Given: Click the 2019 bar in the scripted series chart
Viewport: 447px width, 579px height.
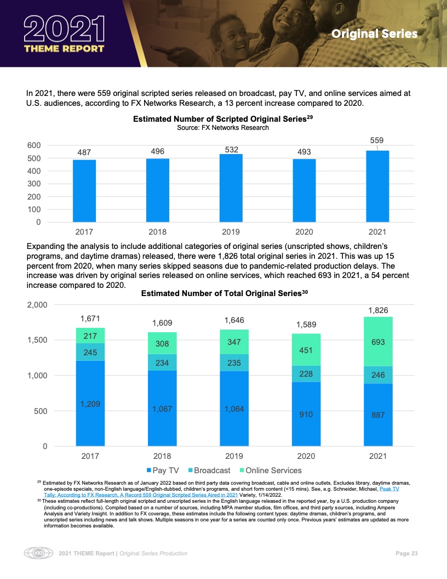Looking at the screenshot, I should pyautogui.click(x=231, y=188).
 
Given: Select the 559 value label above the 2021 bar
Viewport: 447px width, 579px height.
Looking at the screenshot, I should pyautogui.click(x=377, y=140).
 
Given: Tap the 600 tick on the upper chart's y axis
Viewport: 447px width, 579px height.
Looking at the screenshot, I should pyautogui.click(x=34, y=145).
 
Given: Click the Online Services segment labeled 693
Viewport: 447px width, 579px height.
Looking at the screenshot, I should pyautogui.click(x=378, y=342).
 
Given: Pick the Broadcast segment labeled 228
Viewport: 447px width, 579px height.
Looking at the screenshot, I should pyautogui.click(x=306, y=373).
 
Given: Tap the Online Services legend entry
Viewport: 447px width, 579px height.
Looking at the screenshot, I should pyautogui.click(x=269, y=470).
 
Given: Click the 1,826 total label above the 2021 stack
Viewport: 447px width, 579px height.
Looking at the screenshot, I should pyautogui.click(x=378, y=310).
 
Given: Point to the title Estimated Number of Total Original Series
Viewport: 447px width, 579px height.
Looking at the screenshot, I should pyautogui.click(x=225, y=294).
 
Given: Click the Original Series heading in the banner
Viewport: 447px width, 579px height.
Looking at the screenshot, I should pyautogui.click(x=374, y=34).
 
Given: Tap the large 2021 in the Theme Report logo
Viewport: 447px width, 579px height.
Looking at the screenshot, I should pyautogui.click(x=65, y=29).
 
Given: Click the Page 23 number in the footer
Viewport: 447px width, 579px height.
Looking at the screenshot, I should pyautogui.click(x=406, y=553).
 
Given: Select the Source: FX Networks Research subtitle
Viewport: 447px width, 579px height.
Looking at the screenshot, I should pyautogui.click(x=222, y=127).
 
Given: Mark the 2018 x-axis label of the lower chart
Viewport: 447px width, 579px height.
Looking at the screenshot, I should pyautogui.click(x=162, y=456).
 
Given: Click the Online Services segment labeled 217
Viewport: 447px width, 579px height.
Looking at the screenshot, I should pyautogui.click(x=90, y=335).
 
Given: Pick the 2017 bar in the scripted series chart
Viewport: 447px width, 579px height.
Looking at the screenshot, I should pyautogui.click(x=84, y=191).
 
